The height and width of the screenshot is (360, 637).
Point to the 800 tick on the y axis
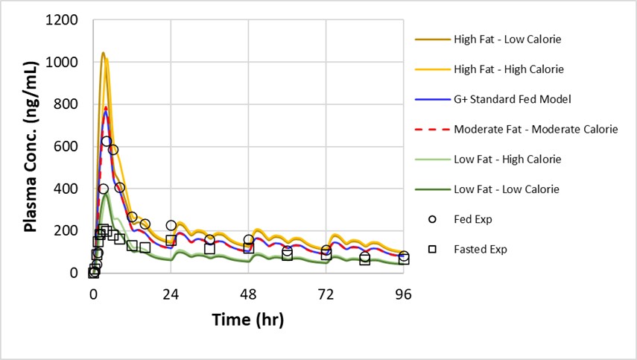click(x=69, y=105)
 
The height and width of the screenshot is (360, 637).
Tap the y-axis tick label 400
click(x=69, y=189)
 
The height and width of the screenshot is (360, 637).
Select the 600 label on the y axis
click(x=69, y=147)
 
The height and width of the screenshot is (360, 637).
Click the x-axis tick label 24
click(x=171, y=293)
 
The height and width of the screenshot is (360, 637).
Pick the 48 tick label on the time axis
click(x=249, y=293)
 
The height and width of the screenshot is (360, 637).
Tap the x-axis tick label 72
click(x=326, y=293)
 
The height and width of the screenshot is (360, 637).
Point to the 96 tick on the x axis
click(x=404, y=293)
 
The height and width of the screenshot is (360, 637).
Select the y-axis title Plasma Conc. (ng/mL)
click(x=31, y=147)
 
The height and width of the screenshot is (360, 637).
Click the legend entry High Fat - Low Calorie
click(x=507, y=39)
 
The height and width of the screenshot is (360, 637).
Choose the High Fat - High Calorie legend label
click(x=509, y=69)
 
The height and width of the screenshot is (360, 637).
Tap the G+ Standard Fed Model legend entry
click(x=513, y=99)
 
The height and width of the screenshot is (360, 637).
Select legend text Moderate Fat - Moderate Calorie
click(x=536, y=129)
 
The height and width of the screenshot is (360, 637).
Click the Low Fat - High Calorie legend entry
click(x=507, y=160)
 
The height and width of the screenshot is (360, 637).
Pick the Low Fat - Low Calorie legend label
click(x=507, y=189)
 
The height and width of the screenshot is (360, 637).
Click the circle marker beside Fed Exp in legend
click(x=432, y=219)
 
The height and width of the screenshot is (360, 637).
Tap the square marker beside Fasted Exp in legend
click(x=432, y=249)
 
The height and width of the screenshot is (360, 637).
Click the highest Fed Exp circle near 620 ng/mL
click(x=107, y=141)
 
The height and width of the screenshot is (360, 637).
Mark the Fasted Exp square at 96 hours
click(x=404, y=259)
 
